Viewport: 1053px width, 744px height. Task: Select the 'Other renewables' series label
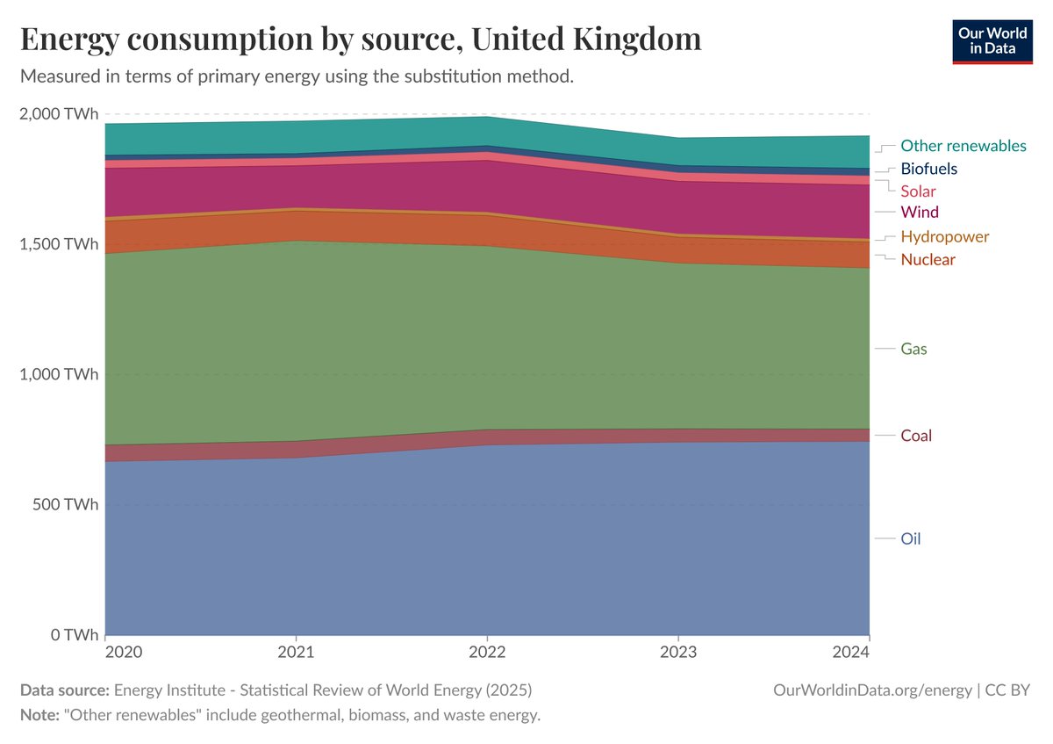tap(963, 146)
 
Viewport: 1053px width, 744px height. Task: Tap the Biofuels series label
tap(928, 169)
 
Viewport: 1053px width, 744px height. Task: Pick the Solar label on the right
tap(918, 191)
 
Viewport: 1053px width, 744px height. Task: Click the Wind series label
tap(920, 212)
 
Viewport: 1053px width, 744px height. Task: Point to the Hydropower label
tap(944, 236)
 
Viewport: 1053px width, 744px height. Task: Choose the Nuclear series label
tap(928, 259)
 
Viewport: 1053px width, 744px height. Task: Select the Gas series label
tap(913, 349)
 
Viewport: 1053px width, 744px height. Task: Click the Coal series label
tap(916, 436)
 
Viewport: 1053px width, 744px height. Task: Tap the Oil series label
tap(911, 538)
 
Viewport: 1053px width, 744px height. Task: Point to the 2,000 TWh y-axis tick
tap(59, 113)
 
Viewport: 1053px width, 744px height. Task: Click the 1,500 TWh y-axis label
tap(59, 243)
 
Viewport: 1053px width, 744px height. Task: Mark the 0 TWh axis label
tap(75, 634)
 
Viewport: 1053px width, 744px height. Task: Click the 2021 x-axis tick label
tap(296, 653)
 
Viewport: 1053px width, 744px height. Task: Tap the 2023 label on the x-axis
tap(677, 653)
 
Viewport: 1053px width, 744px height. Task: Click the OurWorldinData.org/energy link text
tap(872, 690)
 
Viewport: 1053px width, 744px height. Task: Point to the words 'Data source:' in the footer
tap(65, 690)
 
